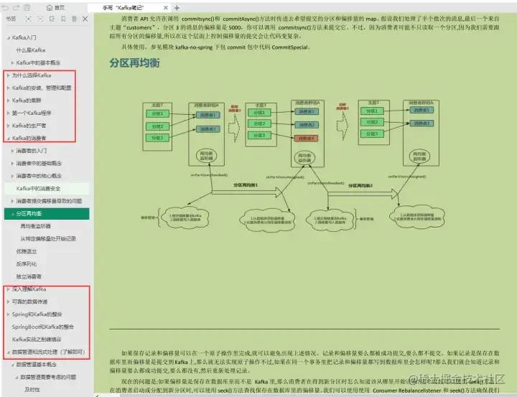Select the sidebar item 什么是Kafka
31,50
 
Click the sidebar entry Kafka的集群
27,100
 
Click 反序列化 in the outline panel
25,263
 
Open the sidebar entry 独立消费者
29,276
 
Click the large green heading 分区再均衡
134,63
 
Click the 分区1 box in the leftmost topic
155,113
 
